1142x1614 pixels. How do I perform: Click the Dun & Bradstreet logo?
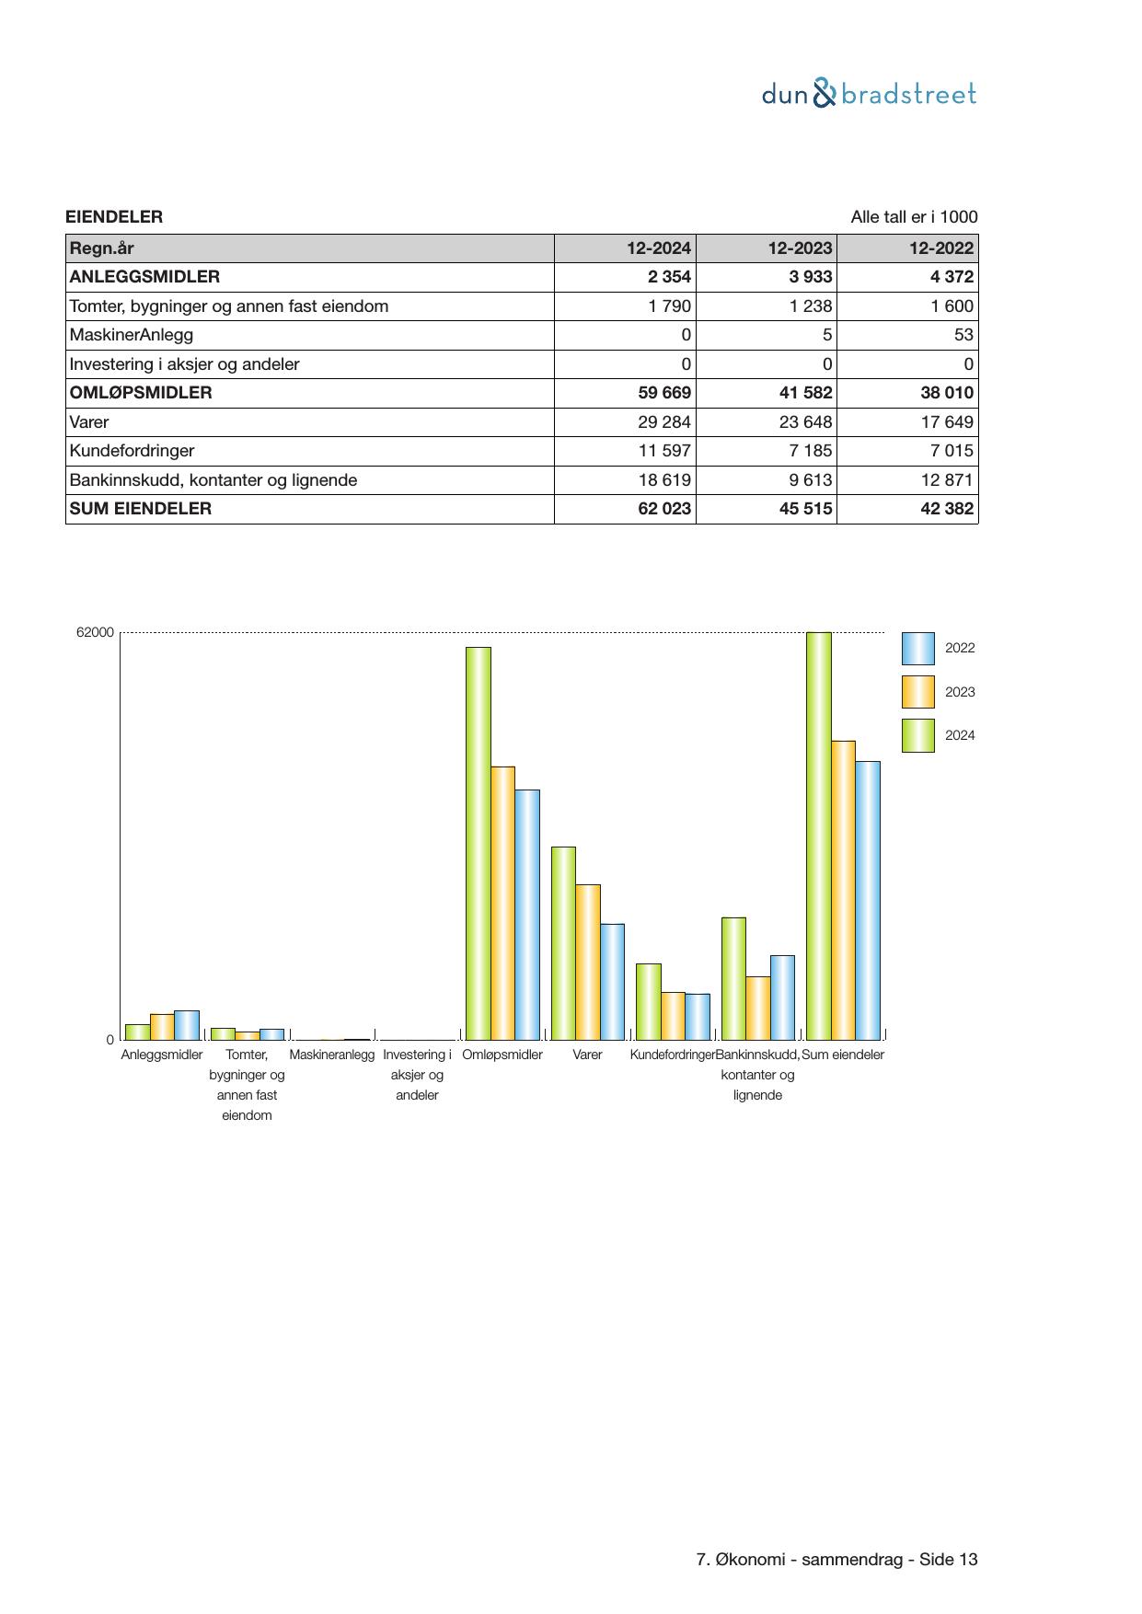pyautogui.click(x=869, y=94)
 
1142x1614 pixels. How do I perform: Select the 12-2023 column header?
pyautogui.click(x=800, y=248)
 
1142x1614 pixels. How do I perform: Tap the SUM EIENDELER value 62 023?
pyautogui.click(x=664, y=509)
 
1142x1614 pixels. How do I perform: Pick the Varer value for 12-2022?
pyautogui.click(x=947, y=422)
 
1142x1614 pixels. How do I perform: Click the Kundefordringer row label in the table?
pyautogui.click(x=132, y=451)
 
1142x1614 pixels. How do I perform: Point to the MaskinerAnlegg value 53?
pyautogui.click(x=963, y=335)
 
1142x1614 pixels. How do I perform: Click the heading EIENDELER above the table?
pyautogui.click(x=114, y=217)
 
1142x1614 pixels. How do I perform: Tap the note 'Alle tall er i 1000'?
pyautogui.click(x=914, y=217)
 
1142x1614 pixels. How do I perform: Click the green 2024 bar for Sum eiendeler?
pyautogui.click(x=818, y=836)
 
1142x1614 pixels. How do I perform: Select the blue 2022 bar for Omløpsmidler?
pyautogui.click(x=527, y=914)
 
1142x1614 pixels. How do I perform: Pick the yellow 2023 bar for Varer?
pyautogui.click(x=588, y=962)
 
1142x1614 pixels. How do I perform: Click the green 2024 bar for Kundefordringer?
pyautogui.click(x=648, y=1001)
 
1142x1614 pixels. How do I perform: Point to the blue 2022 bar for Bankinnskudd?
pyautogui.click(x=782, y=997)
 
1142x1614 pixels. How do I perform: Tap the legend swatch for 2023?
pyautogui.click(x=917, y=692)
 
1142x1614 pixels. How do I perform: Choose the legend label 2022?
pyautogui.click(x=960, y=648)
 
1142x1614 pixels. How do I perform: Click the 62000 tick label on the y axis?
pyautogui.click(x=95, y=632)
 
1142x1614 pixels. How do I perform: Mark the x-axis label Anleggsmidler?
pyautogui.click(x=162, y=1055)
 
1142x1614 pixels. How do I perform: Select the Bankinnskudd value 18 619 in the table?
pyautogui.click(x=664, y=480)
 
